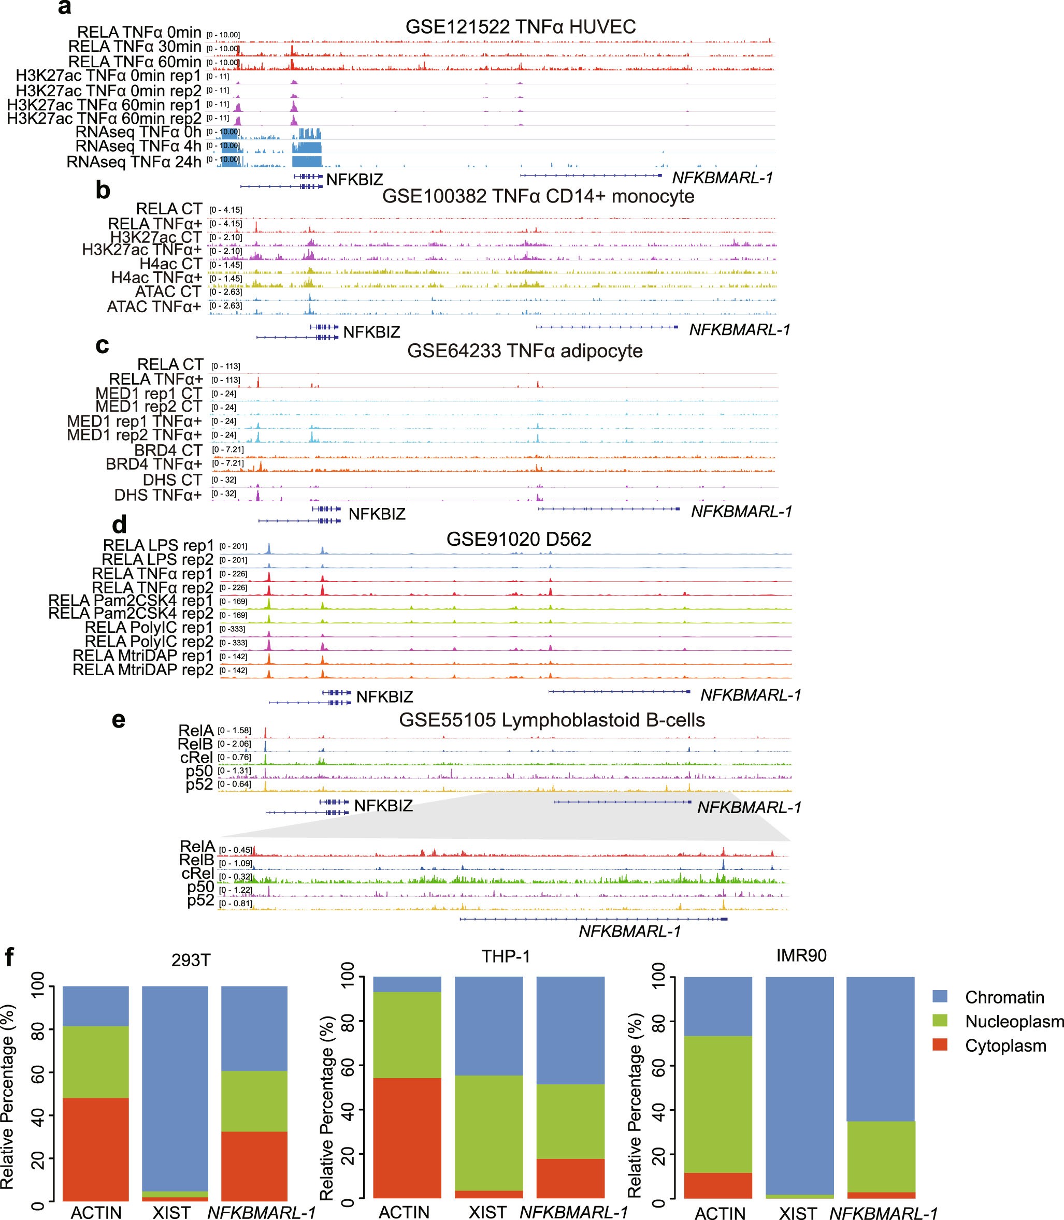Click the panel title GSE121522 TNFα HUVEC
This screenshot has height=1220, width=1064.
(x=520, y=27)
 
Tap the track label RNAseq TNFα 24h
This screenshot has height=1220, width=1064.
(x=134, y=162)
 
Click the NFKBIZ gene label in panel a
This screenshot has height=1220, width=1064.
(x=354, y=179)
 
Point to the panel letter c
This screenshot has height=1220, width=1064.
(x=102, y=345)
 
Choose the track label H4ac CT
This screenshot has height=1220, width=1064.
(x=171, y=264)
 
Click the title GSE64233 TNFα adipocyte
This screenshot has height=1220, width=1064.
(x=525, y=351)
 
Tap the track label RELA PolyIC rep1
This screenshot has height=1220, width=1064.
(x=149, y=628)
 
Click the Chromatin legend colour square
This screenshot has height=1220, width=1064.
(x=940, y=997)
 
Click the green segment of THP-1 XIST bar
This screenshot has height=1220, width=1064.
(x=488, y=1133)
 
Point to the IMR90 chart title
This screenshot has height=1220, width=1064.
(x=801, y=956)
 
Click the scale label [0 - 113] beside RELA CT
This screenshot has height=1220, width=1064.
(x=226, y=366)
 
